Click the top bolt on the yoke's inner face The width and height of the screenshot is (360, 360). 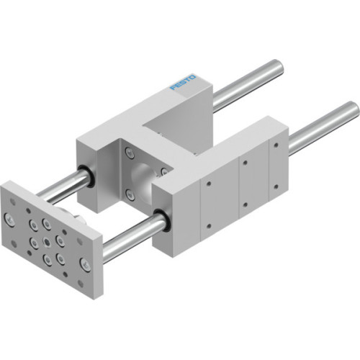pos(129,153)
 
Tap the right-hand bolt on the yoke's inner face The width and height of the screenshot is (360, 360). pos(164,171)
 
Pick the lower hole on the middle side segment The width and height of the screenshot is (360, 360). pos(245,204)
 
